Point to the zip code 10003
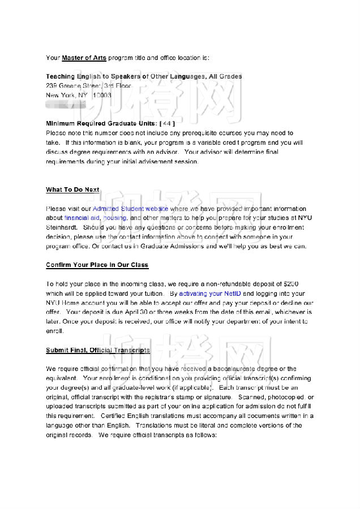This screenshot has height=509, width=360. click(x=102, y=96)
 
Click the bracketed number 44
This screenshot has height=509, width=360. click(x=168, y=123)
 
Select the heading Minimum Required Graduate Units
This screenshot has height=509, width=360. click(x=101, y=123)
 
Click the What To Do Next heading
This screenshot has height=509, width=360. click(x=72, y=190)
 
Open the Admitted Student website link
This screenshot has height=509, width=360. click(x=130, y=209)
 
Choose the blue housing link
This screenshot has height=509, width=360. click(x=115, y=218)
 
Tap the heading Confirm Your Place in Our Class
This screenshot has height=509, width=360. click(x=97, y=265)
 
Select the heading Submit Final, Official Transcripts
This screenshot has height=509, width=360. click(x=98, y=350)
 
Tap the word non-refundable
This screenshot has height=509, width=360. click(x=233, y=284)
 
